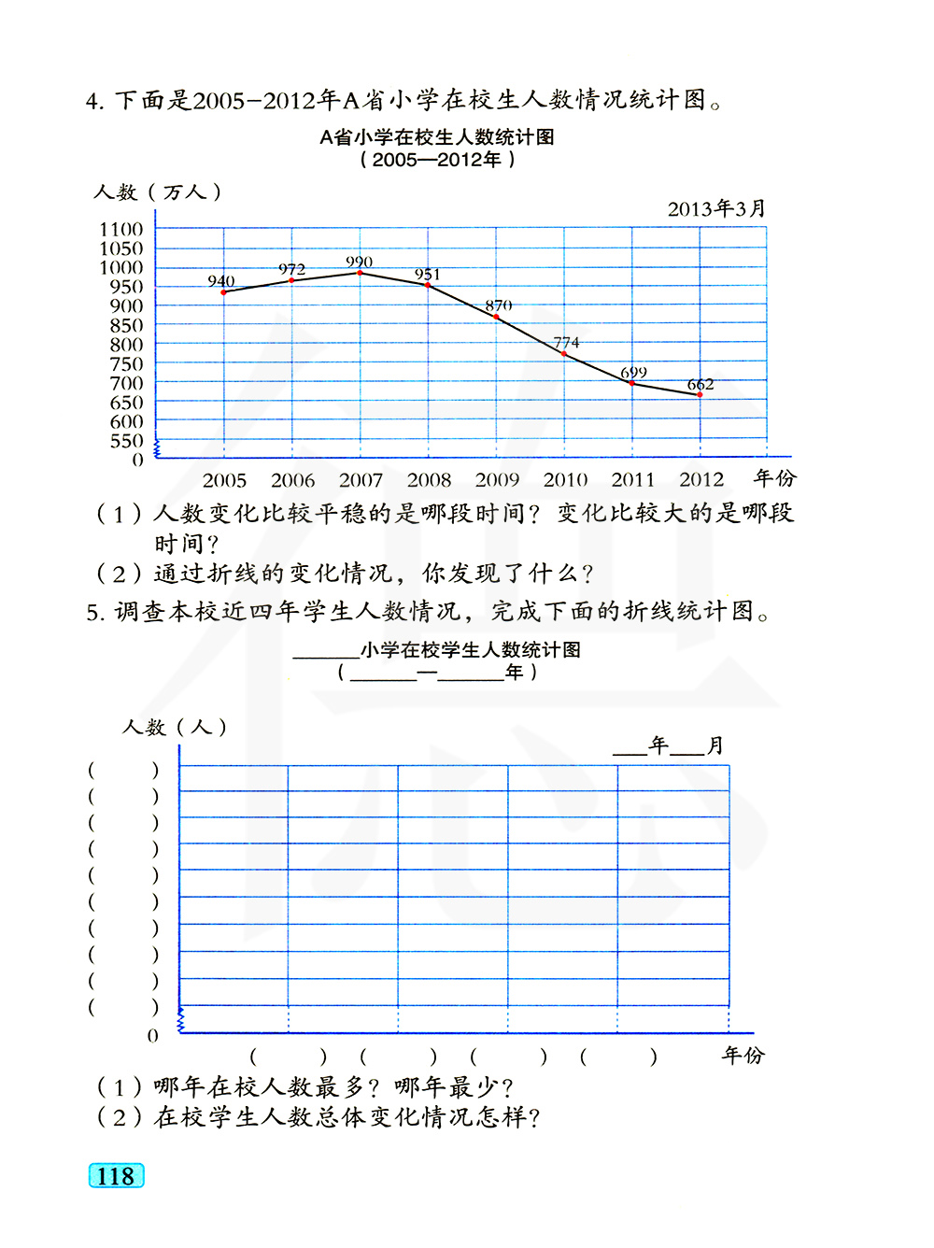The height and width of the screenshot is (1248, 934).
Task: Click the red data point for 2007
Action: pyautogui.click(x=360, y=273)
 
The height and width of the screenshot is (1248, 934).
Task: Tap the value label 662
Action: pyautogui.click(x=700, y=384)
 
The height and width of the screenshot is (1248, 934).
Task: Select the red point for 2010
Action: pyautogui.click(x=564, y=354)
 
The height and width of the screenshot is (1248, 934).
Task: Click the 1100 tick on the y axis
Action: pyautogui.click(x=121, y=229)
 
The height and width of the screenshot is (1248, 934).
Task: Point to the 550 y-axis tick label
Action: pyautogui.click(x=126, y=440)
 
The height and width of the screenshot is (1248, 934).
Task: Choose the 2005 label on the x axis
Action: pyautogui.click(x=224, y=480)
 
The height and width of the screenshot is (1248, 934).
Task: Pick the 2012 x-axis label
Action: pyautogui.click(x=701, y=479)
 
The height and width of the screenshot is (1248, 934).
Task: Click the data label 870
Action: pyautogui.click(x=498, y=305)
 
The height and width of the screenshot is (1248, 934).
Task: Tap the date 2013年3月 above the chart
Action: pyautogui.click(x=716, y=208)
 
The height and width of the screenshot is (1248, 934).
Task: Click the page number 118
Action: pyautogui.click(x=116, y=1175)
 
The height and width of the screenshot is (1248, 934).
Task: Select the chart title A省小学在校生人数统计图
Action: pyautogui.click(x=437, y=137)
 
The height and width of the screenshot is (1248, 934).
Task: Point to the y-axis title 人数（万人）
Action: pyautogui.click(x=157, y=191)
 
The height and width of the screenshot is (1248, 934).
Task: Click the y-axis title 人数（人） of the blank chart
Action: pyautogui.click(x=175, y=727)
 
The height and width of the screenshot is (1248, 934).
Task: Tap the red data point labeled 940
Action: pyautogui.click(x=223, y=292)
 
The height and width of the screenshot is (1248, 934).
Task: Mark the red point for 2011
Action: pyautogui.click(x=632, y=383)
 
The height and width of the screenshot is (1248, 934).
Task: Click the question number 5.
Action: pyautogui.click(x=93, y=613)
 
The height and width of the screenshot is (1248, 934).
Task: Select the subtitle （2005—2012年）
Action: pyautogui.click(x=437, y=160)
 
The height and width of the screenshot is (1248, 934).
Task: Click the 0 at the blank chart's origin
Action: pyautogui.click(x=153, y=1035)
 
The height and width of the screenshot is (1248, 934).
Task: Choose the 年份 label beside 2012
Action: pyautogui.click(x=775, y=478)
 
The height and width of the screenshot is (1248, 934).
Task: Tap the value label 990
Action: pyautogui.click(x=359, y=262)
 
